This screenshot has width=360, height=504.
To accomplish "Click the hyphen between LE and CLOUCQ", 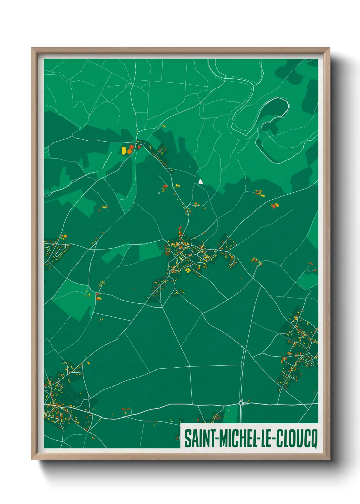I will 273,438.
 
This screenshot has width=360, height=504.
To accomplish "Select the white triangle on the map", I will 201,182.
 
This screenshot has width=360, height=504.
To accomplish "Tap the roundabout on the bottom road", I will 241,403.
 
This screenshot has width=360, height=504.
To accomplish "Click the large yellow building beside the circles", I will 124,150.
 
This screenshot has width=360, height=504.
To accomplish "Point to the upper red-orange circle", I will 131,147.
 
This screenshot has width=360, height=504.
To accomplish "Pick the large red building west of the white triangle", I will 165,186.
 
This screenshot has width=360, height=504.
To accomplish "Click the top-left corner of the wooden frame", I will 32,48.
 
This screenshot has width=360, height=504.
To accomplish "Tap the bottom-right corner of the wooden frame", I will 329,460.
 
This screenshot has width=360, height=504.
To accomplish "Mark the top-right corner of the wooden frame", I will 329,48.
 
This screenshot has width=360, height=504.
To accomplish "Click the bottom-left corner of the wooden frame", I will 32,460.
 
